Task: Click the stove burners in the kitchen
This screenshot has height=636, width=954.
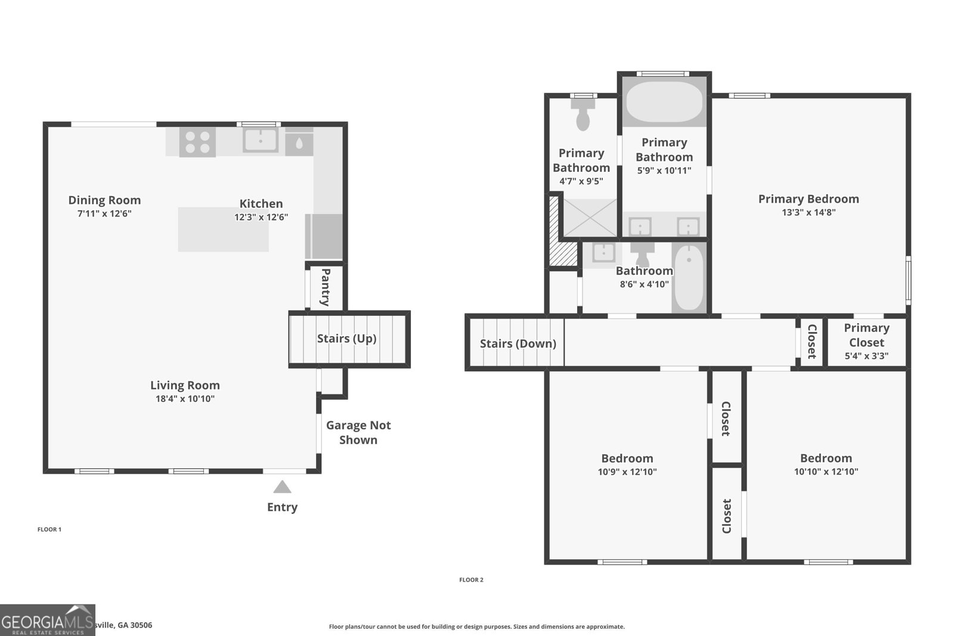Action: coord(197,142)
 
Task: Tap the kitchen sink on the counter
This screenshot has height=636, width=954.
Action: coord(261,140)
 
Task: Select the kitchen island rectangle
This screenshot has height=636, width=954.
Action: coord(223,229)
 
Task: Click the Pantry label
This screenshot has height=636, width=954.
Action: coord(326,287)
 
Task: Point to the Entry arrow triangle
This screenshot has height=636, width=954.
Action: coord(282,488)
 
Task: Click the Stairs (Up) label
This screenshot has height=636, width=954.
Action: coord(346,339)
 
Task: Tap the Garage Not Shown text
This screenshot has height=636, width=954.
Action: coord(358,433)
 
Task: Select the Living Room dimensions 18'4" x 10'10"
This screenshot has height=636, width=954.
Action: coord(185,399)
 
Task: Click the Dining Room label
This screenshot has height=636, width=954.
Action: coord(104,200)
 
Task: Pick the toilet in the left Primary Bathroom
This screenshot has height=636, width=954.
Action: coord(583,114)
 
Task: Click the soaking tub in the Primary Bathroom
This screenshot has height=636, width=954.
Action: coord(665,101)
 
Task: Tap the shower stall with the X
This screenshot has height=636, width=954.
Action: coord(590,218)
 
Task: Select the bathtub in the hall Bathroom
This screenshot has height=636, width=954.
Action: coord(689,277)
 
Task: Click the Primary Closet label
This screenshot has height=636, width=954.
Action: coord(866,335)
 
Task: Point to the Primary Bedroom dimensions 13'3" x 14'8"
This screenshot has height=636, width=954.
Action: coord(809,212)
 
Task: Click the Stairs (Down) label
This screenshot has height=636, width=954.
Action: coord(518,344)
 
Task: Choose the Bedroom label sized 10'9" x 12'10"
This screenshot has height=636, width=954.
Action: coord(627,458)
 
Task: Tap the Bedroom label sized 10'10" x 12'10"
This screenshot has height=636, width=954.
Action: coord(826,458)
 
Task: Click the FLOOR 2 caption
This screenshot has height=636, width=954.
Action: coord(471,579)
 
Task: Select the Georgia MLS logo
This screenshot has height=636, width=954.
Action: coord(47,621)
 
